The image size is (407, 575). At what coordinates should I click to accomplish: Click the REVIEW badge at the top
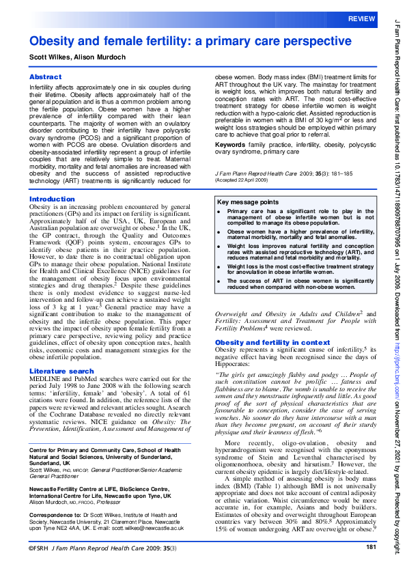361,18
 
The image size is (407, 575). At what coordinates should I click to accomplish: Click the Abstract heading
46,78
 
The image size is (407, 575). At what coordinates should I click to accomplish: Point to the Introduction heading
52,199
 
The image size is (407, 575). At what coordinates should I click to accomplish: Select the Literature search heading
61,371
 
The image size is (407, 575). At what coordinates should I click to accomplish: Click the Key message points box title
247,202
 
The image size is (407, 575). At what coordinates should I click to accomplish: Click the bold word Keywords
230,145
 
